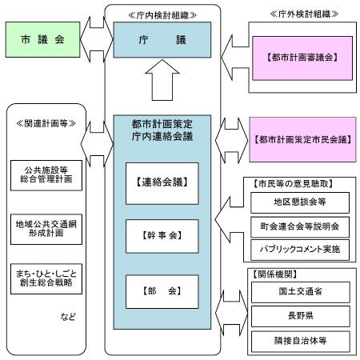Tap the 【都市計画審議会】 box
point(301,58)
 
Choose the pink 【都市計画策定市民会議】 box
point(301,138)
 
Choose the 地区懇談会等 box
point(299,203)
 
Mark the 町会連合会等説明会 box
point(299,226)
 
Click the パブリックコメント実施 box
point(299,249)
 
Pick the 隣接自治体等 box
point(299,339)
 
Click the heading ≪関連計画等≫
point(45,122)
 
